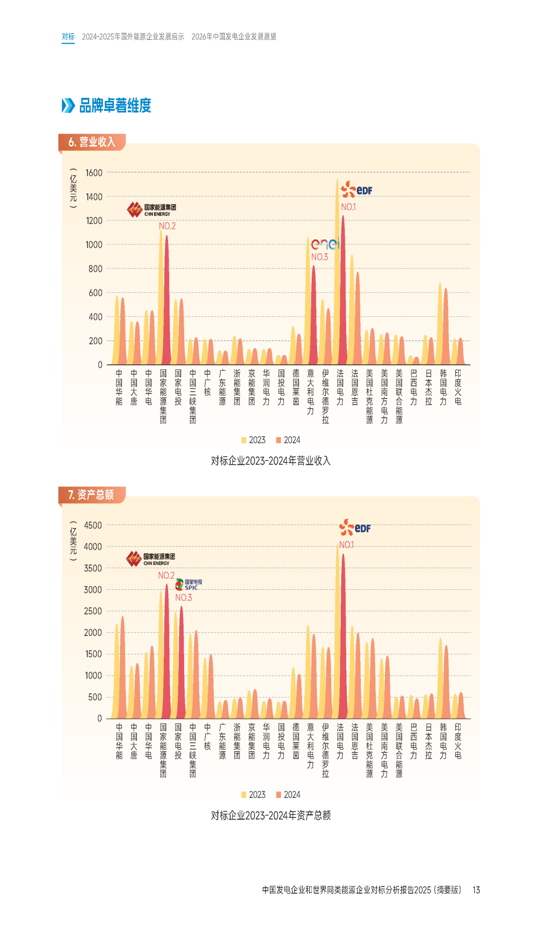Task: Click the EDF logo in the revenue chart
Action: coord(357,190)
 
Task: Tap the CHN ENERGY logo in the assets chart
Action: coord(151,559)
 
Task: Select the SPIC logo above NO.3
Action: coord(189,585)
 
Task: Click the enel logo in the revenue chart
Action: coord(325,244)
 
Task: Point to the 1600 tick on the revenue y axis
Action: coord(94,173)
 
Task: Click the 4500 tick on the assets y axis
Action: coord(93,525)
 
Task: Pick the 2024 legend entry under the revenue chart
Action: coord(288,440)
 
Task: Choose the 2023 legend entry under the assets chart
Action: coord(253,794)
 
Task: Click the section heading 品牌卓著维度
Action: coord(115,105)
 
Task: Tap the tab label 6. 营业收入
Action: coord(92,142)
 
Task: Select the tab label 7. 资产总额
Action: coord(91,495)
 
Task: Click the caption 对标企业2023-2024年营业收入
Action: coord(270,461)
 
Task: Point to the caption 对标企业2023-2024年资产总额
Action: coord(270,815)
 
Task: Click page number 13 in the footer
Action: coord(476,890)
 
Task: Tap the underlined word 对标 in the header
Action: coord(68,37)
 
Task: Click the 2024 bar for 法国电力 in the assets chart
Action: coord(343,637)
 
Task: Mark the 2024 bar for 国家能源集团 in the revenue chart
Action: coord(167,301)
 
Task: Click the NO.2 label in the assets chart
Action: coord(167,576)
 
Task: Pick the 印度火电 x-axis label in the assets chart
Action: coord(458,741)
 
